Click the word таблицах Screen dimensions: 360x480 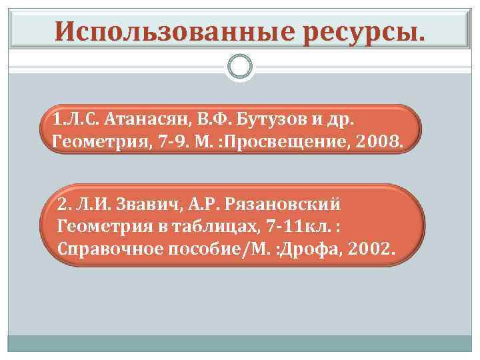197,226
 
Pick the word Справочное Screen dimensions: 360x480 102,249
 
